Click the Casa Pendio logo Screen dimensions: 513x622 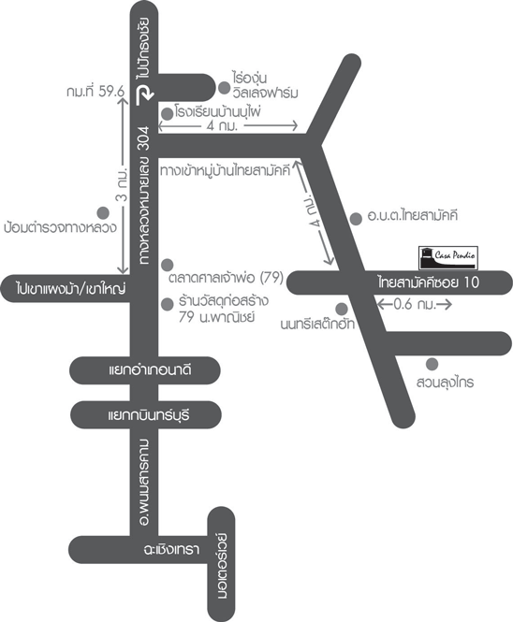448,257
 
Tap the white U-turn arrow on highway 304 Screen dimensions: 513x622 144,95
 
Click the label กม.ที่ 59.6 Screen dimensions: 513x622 95,92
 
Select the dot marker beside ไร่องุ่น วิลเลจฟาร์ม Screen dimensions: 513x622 224,88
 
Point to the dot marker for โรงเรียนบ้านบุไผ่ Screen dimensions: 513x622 168,114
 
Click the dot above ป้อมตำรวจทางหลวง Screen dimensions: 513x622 103,213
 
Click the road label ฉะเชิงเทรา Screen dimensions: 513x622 171,549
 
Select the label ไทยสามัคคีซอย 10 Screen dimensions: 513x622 429,282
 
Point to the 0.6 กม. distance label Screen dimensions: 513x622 415,305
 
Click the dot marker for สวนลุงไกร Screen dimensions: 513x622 432,364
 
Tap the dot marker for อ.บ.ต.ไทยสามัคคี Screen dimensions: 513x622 356,219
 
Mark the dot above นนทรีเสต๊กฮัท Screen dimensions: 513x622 342,309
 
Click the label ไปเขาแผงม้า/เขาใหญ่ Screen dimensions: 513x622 70,288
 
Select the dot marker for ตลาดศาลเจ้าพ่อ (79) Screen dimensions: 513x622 168,265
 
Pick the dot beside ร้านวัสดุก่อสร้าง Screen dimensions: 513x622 168,304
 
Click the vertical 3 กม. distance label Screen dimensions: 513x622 123,185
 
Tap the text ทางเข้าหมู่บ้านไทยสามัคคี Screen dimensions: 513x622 226,170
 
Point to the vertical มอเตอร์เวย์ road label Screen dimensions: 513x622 222,566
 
